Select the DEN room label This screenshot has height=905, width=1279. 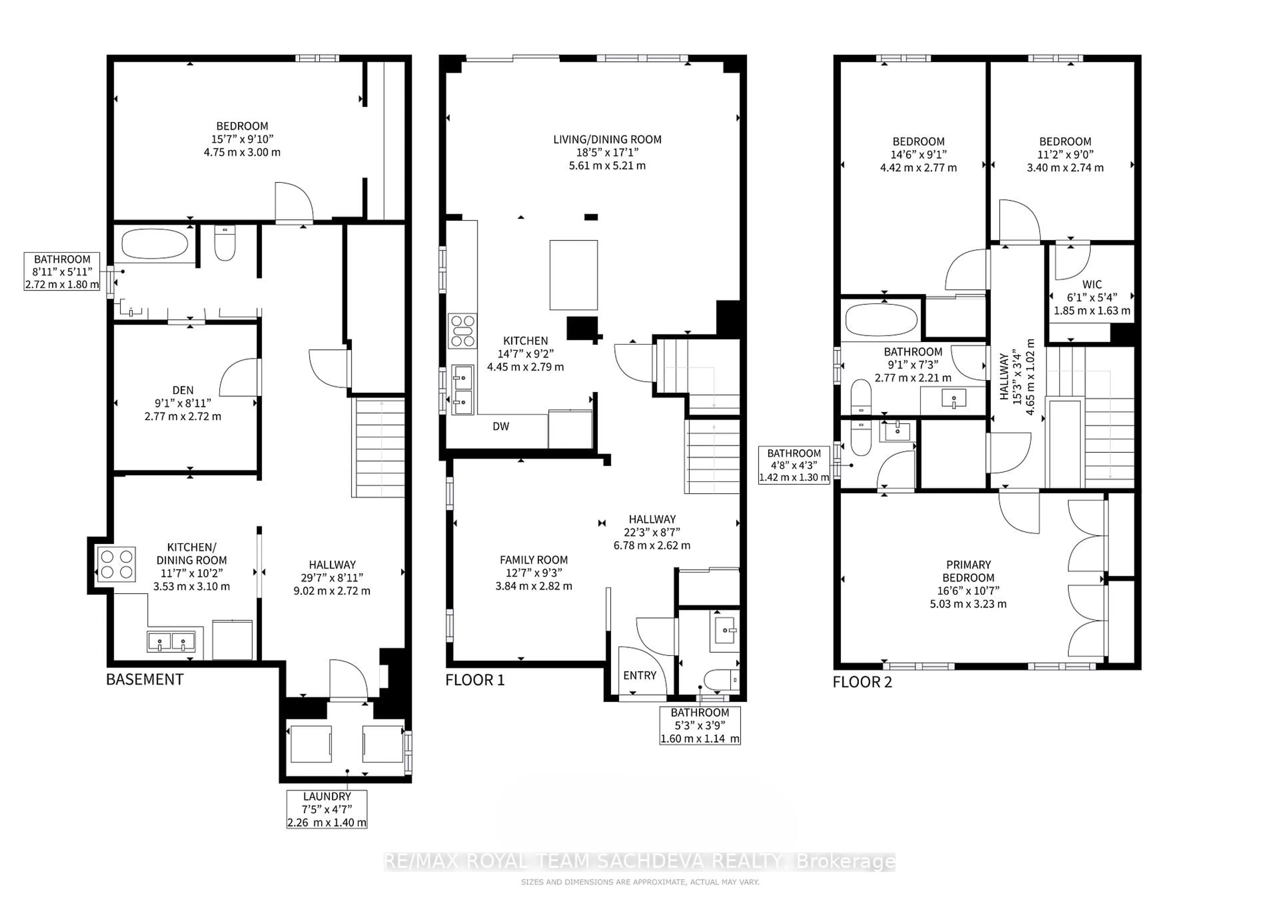coord(183,391)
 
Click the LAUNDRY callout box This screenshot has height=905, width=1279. coord(327,809)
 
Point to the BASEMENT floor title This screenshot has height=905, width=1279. coord(145,679)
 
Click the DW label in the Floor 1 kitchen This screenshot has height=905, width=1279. coord(501,426)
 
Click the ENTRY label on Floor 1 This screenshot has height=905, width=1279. coord(639,675)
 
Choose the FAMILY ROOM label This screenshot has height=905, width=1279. coord(534,559)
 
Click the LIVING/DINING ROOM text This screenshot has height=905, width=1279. coord(607,139)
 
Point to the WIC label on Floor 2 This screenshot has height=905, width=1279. coord(1092,284)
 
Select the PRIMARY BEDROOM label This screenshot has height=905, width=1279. coord(968,571)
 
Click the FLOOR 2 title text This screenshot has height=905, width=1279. coord(862,682)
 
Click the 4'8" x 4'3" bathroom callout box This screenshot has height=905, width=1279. coord(794,465)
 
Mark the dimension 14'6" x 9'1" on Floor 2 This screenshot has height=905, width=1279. coord(918,154)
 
